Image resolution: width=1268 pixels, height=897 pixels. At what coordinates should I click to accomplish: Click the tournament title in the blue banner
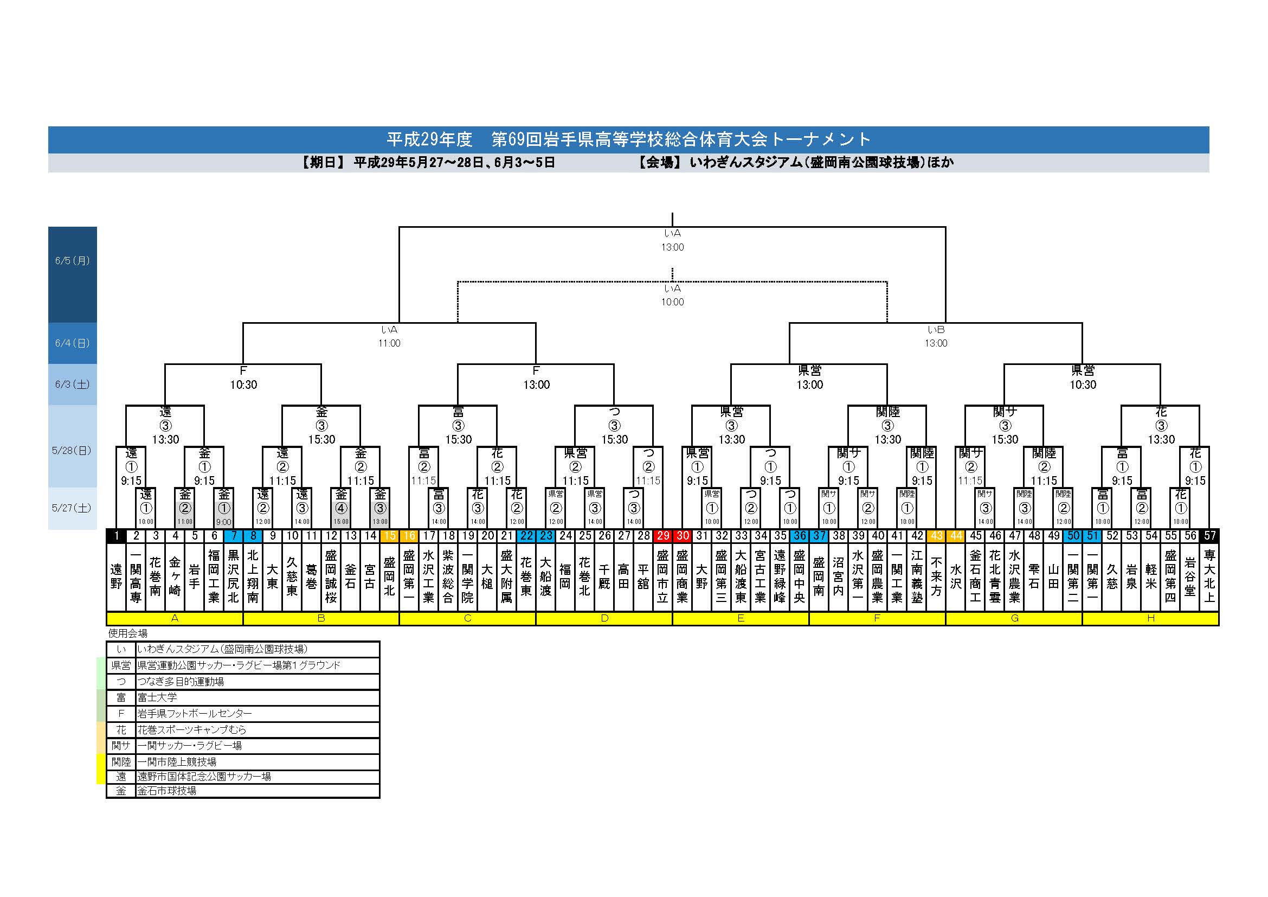tap(628, 139)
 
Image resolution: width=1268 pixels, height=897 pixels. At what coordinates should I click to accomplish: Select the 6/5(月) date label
tap(72, 261)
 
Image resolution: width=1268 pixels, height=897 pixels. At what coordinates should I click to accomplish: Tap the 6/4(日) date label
tap(72, 343)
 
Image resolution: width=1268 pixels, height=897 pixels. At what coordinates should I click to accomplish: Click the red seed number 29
tap(662, 535)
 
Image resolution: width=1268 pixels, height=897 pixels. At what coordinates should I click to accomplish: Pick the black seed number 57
tap(1209, 535)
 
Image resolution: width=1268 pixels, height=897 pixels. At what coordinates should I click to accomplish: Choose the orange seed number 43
tap(936, 535)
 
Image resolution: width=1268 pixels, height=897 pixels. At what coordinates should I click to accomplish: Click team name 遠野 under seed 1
tap(116, 576)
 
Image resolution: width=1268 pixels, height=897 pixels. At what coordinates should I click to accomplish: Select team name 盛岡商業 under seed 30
tap(682, 576)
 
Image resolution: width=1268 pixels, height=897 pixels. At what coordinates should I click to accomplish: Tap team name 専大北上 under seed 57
tap(1209, 576)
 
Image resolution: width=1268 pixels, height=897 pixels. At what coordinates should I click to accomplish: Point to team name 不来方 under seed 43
tap(936, 576)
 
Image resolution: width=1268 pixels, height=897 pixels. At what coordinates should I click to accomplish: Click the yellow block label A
tap(175, 618)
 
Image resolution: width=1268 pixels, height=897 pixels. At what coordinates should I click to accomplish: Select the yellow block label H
tap(1150, 618)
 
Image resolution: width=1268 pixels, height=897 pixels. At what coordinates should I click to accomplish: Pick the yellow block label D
tap(604, 618)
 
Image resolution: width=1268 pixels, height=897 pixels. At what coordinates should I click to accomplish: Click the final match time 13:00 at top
tap(672, 247)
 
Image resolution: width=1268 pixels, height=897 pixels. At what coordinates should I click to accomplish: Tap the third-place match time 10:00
tap(672, 302)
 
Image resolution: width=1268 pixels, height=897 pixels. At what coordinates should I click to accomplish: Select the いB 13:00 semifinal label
tap(936, 336)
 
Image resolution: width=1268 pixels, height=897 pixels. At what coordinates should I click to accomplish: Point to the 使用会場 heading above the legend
tap(127, 633)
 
